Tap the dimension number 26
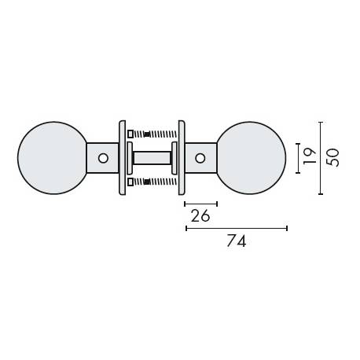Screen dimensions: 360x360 click(x=200, y=216)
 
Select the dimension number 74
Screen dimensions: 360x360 click(x=237, y=242)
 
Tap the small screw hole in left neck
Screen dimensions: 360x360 click(x=101, y=159)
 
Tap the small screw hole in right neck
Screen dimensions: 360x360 click(x=200, y=159)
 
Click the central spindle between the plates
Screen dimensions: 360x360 click(x=151, y=158)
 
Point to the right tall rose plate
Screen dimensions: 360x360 click(x=181, y=158)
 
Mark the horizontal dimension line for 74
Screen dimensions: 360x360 click(x=236, y=228)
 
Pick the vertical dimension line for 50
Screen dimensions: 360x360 click(x=320, y=158)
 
